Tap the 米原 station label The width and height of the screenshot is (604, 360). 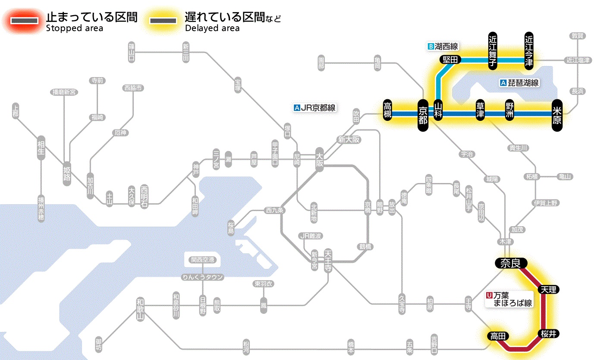click(557, 114)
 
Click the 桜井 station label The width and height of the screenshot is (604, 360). click(548, 333)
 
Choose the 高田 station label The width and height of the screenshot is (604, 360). click(498, 336)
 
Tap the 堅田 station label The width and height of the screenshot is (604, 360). click(450, 60)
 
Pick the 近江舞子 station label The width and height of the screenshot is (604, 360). click(493, 51)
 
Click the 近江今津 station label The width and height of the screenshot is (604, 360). click(529, 51)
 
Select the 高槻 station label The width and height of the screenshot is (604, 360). click(387, 111)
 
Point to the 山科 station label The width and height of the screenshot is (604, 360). click(438, 111)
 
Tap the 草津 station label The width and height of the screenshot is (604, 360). click(480, 111)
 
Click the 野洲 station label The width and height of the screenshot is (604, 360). click(510, 111)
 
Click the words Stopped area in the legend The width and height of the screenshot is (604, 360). click(74, 28)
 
